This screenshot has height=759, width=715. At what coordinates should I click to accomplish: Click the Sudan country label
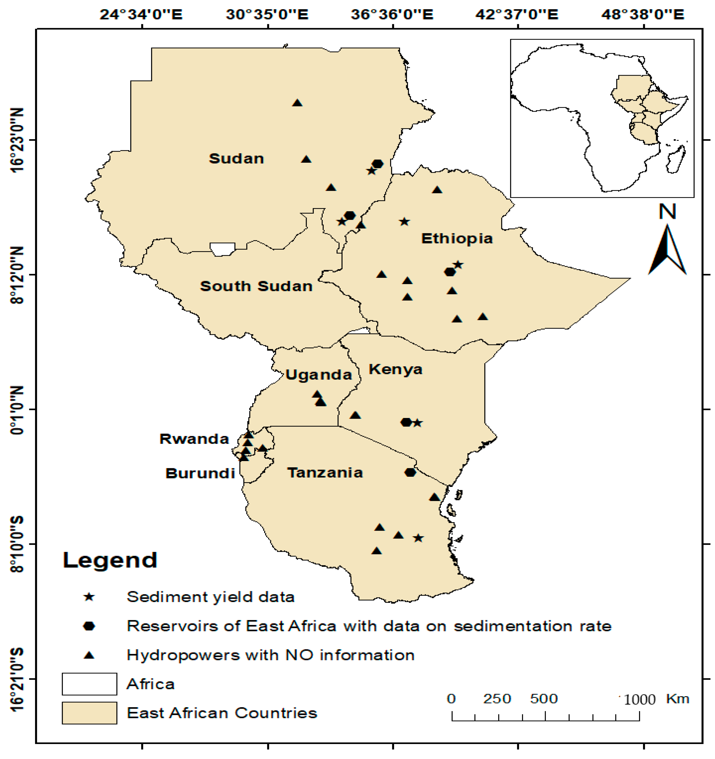tap(236, 159)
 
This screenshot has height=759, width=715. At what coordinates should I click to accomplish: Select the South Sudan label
tap(256, 286)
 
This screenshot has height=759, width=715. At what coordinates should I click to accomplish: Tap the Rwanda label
tap(194, 439)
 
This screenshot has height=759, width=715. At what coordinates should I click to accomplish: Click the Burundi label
tap(200, 474)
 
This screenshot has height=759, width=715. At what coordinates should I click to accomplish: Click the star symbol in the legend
tap(89, 597)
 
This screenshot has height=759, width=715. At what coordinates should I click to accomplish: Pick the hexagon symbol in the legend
tap(89, 626)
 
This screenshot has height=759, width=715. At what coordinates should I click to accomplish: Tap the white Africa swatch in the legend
tap(89, 684)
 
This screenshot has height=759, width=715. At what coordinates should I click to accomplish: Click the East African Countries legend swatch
tap(89, 713)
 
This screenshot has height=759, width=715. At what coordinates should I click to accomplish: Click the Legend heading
tap(110, 560)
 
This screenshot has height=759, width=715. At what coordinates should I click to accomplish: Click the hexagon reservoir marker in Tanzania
tap(410, 472)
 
